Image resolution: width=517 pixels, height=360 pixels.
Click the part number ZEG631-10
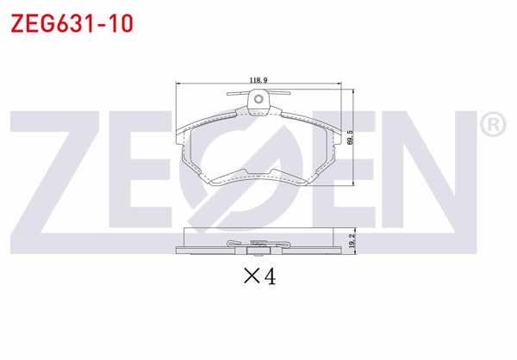click(71, 23)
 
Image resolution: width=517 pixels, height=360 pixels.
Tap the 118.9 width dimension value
click(258, 80)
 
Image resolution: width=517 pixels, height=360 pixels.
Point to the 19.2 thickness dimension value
click(350, 241)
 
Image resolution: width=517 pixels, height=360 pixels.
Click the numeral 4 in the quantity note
click(269, 278)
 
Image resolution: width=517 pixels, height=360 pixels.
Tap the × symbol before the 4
click(252, 278)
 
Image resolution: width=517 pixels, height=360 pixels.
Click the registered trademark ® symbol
click(491, 126)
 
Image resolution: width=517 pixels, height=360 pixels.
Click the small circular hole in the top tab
click(258, 102)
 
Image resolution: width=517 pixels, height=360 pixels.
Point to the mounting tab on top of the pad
click(258, 104)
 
